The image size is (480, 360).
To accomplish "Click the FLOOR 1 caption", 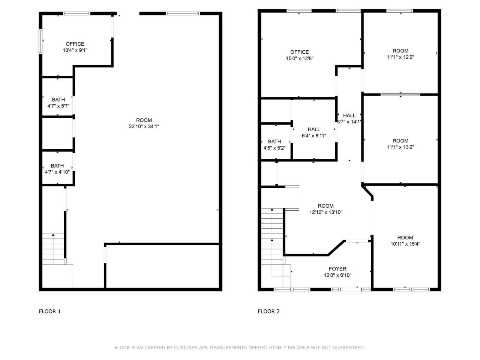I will tap(49, 311).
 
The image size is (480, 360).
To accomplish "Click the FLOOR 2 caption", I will tap(268, 311).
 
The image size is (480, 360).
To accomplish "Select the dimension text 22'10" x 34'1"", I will tap(144, 127).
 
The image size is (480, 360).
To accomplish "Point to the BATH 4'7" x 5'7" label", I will tap(58, 103).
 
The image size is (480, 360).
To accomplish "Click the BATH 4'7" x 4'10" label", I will tap(57, 169).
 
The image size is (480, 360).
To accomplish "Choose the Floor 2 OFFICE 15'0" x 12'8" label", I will tap(299, 55).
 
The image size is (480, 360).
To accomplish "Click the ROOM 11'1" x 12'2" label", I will tap(400, 54).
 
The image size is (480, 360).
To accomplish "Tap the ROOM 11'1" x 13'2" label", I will tap(400, 144).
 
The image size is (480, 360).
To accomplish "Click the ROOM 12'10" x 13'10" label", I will tap(325, 209).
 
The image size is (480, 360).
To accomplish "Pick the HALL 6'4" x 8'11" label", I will tap(314, 132).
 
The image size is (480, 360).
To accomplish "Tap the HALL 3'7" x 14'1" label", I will tap(349, 118).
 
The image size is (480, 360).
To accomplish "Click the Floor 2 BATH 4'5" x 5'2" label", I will tap(274, 144).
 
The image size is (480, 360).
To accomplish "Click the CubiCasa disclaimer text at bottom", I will tap(240, 348).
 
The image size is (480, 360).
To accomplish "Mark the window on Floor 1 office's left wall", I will tap(40, 41).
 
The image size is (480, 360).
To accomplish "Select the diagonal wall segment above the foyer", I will tap(336, 248).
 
